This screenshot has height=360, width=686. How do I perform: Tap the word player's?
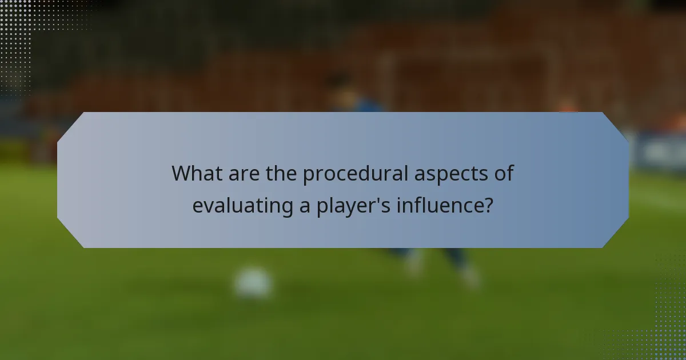tap(353, 206)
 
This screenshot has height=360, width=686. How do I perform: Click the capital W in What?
tap(182, 173)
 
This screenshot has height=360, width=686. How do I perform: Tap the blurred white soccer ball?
tap(253, 282)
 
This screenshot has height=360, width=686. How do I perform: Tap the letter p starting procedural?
tap(308, 175)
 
